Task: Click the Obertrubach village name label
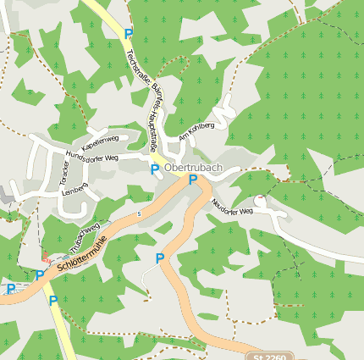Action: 193,168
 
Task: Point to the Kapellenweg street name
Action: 100,143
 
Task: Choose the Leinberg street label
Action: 74,191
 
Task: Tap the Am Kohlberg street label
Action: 196,131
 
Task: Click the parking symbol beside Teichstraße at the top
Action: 129,34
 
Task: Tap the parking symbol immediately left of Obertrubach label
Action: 155,169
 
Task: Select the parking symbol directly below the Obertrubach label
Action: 193,180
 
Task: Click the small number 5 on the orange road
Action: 139,213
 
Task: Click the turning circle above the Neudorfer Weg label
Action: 260,202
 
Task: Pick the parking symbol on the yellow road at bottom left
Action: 53,301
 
